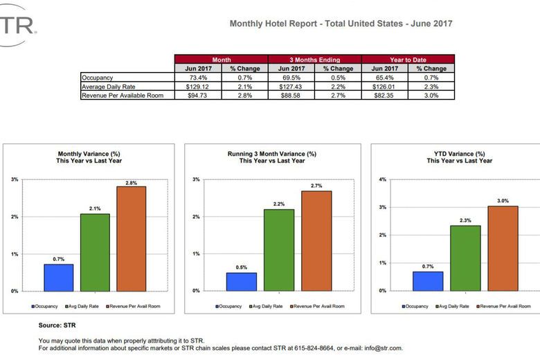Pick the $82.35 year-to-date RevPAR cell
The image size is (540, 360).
(x=384, y=96)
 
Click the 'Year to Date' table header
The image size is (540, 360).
(x=408, y=60)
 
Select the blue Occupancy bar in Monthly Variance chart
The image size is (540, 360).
(x=59, y=278)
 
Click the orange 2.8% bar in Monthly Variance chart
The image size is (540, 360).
(x=132, y=238)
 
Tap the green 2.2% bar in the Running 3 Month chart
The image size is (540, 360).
(x=278, y=250)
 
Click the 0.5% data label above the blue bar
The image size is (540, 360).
(x=241, y=267)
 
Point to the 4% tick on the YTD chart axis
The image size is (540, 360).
(x=383, y=179)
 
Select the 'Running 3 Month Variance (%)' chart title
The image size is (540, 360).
(x=272, y=153)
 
